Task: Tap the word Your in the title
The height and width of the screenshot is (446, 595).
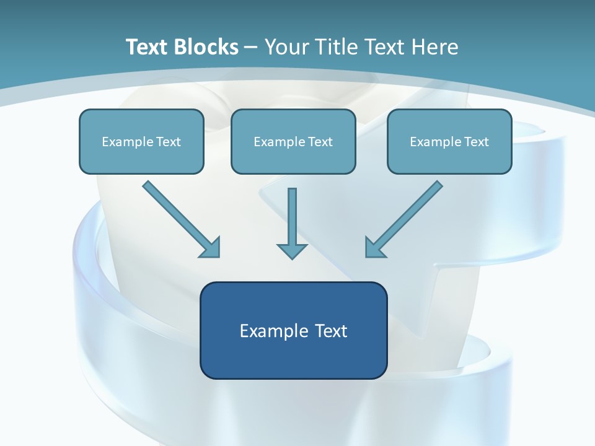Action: (288, 47)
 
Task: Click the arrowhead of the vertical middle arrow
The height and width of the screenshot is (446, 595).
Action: (292, 251)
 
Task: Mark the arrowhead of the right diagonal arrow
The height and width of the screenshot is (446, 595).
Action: (376, 247)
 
